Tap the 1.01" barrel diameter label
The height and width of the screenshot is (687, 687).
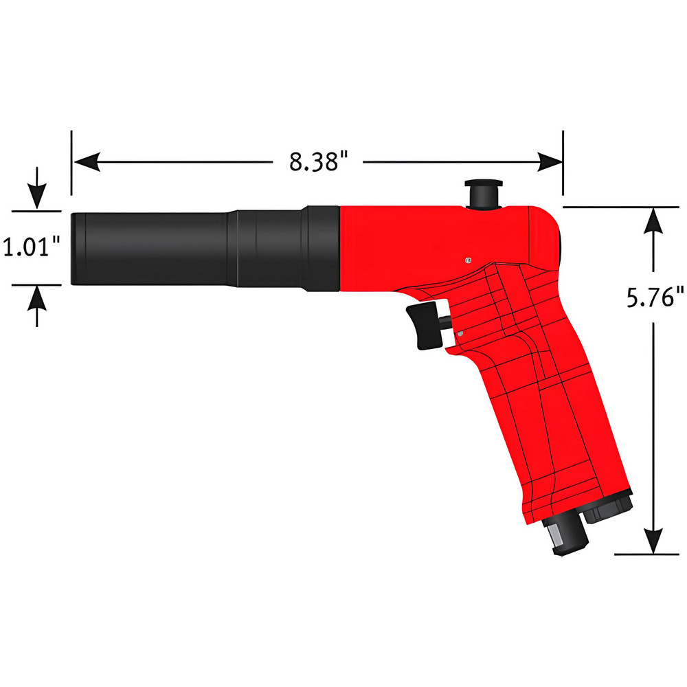click(x=32, y=246)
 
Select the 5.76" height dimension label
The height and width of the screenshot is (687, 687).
click(x=655, y=300)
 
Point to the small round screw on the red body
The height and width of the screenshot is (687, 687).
click(x=468, y=260)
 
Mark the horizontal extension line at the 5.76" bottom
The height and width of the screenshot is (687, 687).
click(x=646, y=553)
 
